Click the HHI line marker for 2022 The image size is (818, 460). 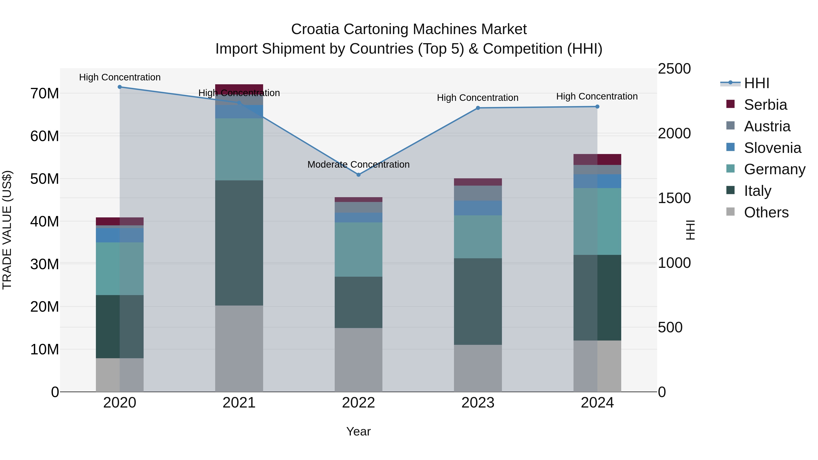359,175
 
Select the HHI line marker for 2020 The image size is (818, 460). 120,87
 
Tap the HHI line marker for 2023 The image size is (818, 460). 478,108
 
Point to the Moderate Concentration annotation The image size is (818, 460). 359,164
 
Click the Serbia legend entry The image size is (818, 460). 765,105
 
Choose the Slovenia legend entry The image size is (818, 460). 772,148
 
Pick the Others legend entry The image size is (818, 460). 766,212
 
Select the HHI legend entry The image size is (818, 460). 756,83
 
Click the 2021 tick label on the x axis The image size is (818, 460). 239,403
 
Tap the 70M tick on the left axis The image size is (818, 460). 45,94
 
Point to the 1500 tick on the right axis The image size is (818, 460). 674,198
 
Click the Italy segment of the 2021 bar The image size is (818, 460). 239,243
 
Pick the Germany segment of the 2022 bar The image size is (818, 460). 359,249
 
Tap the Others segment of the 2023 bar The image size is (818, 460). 478,368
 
